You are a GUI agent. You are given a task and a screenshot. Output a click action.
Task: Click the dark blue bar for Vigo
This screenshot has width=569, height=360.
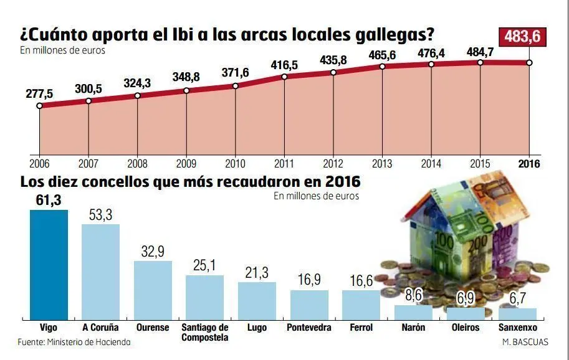[x=49, y=264]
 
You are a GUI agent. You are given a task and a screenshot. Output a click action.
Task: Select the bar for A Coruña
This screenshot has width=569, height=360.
[x=100, y=272]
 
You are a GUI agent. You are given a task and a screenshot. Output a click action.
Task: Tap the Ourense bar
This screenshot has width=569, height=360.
[x=153, y=290]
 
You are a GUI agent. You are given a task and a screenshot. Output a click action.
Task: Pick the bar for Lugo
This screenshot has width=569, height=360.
[x=257, y=300]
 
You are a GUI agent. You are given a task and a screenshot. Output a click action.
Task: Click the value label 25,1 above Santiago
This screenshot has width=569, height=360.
[x=204, y=266]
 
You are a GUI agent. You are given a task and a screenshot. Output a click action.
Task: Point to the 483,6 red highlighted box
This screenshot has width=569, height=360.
[x=523, y=37]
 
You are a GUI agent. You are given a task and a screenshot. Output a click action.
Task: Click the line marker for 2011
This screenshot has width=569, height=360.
[x=284, y=77]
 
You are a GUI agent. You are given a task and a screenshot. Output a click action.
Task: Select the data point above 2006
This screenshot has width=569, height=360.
[x=39, y=106]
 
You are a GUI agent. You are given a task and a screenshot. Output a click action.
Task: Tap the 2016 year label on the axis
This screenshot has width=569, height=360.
[x=529, y=164]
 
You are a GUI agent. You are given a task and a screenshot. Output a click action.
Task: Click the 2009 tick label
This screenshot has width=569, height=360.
[x=186, y=164]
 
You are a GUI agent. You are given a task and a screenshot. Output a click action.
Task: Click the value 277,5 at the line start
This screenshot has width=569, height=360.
[x=39, y=93]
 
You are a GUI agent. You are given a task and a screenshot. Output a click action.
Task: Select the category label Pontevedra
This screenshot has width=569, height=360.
[x=308, y=328]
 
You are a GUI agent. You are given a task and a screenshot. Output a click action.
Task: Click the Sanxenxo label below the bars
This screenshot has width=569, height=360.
[x=518, y=328]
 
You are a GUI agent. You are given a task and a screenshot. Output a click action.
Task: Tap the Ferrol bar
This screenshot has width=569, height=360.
[x=361, y=305]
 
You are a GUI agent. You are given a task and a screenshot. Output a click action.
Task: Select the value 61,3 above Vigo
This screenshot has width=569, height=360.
[x=49, y=200]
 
